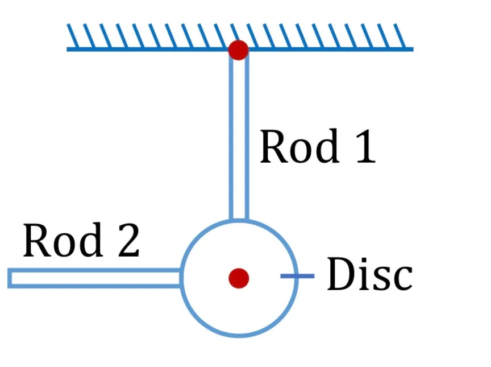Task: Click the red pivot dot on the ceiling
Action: (x=238, y=50)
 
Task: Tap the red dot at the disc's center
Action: (x=239, y=278)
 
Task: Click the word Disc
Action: (x=369, y=273)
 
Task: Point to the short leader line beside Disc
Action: (x=297, y=276)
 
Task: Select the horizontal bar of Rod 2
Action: (x=94, y=278)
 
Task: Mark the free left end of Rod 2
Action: (x=9, y=278)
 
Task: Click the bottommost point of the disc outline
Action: (x=239, y=336)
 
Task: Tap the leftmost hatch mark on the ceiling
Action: (x=73, y=36)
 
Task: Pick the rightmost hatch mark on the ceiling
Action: (x=400, y=36)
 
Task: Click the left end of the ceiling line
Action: (x=67, y=49)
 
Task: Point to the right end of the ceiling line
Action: (x=413, y=49)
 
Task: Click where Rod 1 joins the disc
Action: (x=239, y=220)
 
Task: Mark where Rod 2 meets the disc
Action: (x=181, y=278)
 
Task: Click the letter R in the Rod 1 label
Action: (x=274, y=146)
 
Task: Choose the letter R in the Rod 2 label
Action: (x=38, y=240)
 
